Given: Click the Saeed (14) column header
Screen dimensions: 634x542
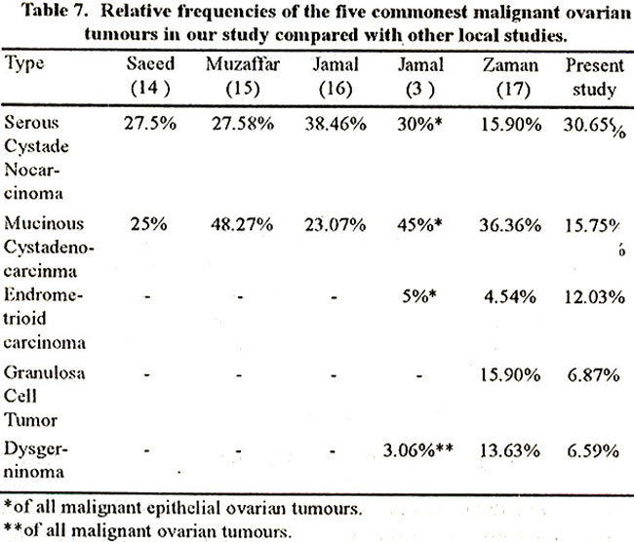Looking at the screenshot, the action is [x=150, y=76].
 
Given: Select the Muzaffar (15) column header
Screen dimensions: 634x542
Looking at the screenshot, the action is [x=243, y=76].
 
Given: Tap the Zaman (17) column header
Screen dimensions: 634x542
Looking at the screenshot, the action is [x=511, y=76].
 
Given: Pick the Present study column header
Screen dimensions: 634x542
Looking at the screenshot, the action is [x=594, y=77].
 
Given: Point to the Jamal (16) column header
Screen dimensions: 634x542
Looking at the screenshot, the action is [x=336, y=76].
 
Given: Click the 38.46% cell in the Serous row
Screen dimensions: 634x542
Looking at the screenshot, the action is [x=336, y=124].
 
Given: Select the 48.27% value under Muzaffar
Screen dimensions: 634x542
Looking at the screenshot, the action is [x=242, y=224].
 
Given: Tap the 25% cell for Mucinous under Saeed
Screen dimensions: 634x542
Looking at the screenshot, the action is [x=148, y=224].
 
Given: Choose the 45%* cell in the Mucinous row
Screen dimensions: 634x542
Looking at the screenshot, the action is [x=419, y=224].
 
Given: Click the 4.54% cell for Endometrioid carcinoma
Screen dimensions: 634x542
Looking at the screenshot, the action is [x=510, y=297].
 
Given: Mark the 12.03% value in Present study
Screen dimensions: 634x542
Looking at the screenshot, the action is [x=595, y=297].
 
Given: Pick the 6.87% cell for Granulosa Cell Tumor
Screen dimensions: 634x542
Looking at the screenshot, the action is [x=593, y=375].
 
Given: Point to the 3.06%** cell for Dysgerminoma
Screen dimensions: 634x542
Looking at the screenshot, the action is [x=418, y=449].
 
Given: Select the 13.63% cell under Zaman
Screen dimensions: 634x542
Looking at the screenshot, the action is [x=509, y=450].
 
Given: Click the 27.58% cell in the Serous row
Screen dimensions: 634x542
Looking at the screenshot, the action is [x=243, y=124].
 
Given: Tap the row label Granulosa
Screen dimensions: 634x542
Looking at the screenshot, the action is [x=45, y=372].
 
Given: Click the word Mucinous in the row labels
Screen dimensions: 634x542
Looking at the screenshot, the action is [x=44, y=222].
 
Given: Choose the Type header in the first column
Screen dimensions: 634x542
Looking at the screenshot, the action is [x=23, y=64].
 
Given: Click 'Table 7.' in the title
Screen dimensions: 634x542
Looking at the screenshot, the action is [x=54, y=10].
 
